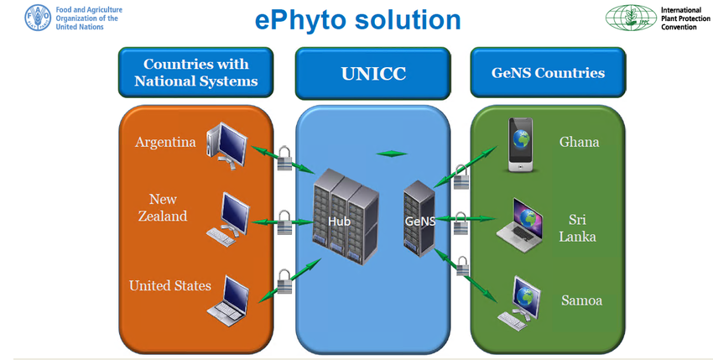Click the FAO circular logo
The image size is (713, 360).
pos(38,18)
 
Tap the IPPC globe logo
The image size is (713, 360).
pos(631,18)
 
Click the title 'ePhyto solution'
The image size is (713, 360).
pos(358,20)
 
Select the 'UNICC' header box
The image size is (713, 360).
pos(373,73)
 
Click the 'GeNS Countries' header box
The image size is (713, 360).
pos(548,72)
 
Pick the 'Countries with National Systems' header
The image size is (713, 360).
pos(196,72)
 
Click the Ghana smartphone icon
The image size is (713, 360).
pos(521,144)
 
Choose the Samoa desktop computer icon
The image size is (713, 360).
pos(519,303)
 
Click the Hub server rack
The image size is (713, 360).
pos(346,217)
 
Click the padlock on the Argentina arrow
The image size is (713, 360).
pos(284,158)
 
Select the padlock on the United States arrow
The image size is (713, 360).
pos(284,281)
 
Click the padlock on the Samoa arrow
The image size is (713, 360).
pos(462,266)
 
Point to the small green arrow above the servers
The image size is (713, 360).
pos(392,154)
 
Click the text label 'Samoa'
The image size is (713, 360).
pos(581,300)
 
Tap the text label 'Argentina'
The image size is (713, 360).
pos(165,142)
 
